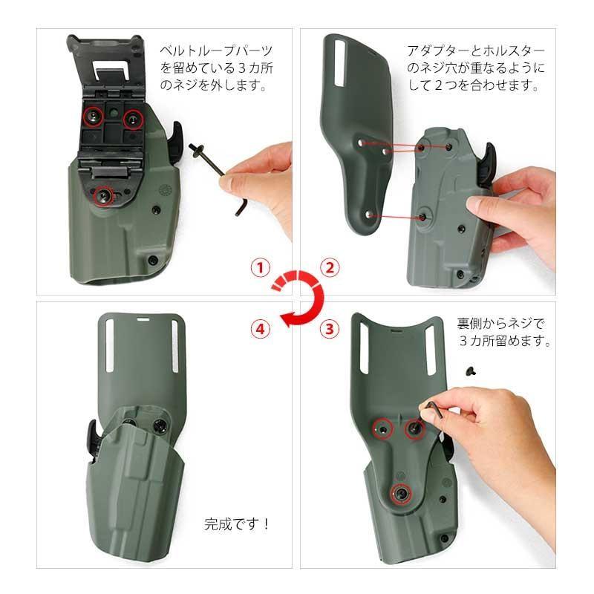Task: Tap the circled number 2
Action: [330, 268]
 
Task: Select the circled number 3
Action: [330, 327]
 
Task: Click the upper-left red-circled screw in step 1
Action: [93, 114]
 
